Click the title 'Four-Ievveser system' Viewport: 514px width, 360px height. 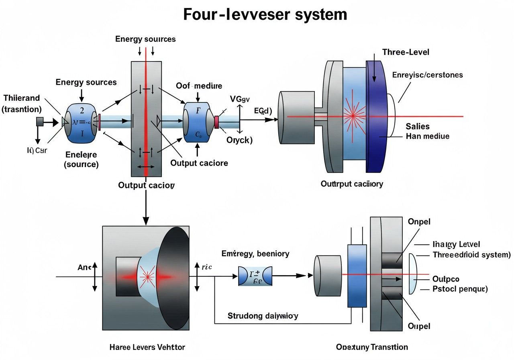coord(265,14)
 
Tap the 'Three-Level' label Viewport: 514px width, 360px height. coord(406,52)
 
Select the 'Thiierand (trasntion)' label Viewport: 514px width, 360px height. coord(22,103)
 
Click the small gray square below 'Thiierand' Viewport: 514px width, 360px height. coord(40,121)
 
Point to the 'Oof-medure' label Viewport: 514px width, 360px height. coord(199,86)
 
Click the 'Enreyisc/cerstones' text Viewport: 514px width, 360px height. coord(427,75)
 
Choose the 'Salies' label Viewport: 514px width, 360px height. coord(417,126)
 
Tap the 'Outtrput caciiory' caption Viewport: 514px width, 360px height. coord(352,184)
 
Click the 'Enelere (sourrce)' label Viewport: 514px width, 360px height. coord(81,159)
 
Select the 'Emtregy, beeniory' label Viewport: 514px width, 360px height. coord(255,254)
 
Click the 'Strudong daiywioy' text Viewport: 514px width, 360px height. coord(263,316)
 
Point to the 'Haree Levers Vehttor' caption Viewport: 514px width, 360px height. coord(147,347)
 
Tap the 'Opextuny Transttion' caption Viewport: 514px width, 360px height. coord(372,347)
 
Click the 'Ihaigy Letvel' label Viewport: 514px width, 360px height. coord(457,244)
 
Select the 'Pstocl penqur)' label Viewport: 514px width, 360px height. coord(459,289)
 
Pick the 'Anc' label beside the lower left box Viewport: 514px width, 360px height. coord(82,267)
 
